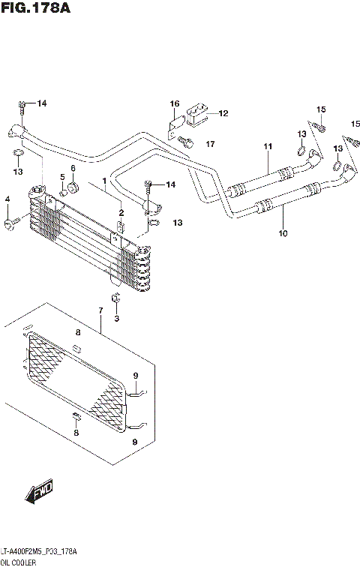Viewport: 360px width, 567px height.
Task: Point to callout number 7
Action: [100, 310]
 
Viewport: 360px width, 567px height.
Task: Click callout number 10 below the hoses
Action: [283, 232]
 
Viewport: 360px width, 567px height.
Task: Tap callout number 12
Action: [223, 113]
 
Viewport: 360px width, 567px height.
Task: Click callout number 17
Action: [211, 143]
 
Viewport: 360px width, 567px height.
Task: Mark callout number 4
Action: [7, 199]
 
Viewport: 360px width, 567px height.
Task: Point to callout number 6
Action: [73, 168]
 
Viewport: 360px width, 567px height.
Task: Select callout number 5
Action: [63, 177]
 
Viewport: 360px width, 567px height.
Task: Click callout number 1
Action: [104, 181]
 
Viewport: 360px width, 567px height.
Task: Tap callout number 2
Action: [120, 213]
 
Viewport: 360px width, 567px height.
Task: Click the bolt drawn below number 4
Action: [10, 223]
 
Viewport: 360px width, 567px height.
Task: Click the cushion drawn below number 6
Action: [74, 187]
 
